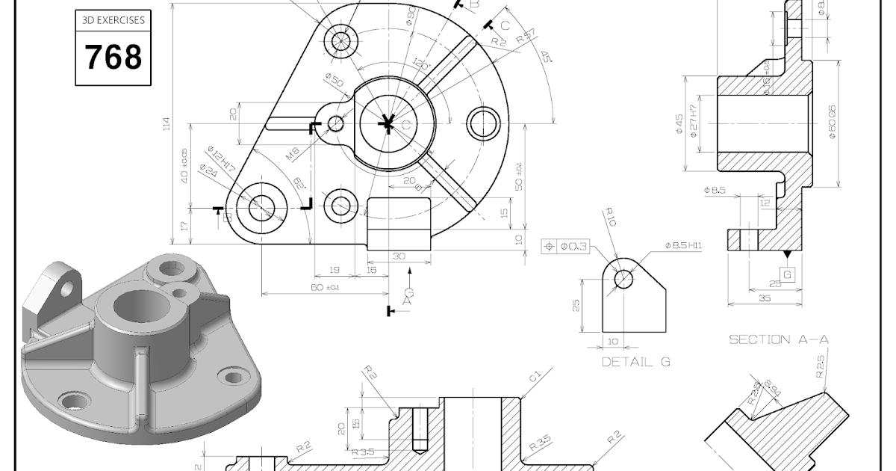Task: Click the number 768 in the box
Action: [113, 58]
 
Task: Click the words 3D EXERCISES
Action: [113, 21]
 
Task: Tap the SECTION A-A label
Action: [778, 339]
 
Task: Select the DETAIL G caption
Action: [635, 362]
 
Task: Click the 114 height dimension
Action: [166, 124]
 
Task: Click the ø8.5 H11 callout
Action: [682, 245]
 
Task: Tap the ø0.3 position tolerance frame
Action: [565, 246]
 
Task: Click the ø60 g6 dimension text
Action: [832, 122]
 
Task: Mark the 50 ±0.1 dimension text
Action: [519, 177]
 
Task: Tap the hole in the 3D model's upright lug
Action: [66, 288]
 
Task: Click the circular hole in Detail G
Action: [623, 279]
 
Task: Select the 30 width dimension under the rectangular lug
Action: [399, 256]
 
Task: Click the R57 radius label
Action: [526, 35]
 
